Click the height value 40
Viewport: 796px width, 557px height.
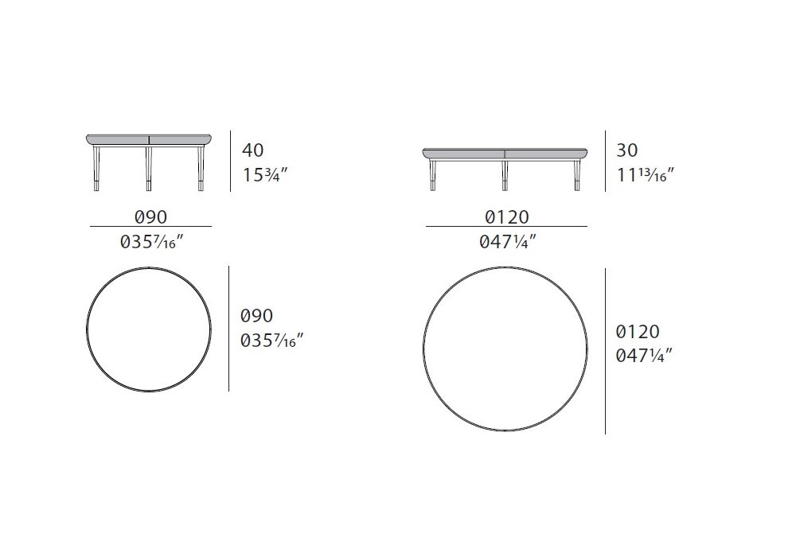(x=253, y=150)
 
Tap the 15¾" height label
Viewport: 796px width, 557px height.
(x=265, y=175)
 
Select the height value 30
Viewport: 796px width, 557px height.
(x=627, y=150)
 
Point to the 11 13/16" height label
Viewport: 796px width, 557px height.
(x=646, y=175)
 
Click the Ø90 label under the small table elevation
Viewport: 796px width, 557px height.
(x=150, y=217)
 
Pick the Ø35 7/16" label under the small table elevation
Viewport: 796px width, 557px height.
(x=151, y=242)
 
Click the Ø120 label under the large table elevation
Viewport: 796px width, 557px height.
(x=506, y=217)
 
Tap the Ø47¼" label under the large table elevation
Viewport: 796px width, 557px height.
(x=508, y=242)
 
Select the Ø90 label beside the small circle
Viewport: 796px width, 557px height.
(x=256, y=316)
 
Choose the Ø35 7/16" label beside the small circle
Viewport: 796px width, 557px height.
(x=271, y=341)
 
